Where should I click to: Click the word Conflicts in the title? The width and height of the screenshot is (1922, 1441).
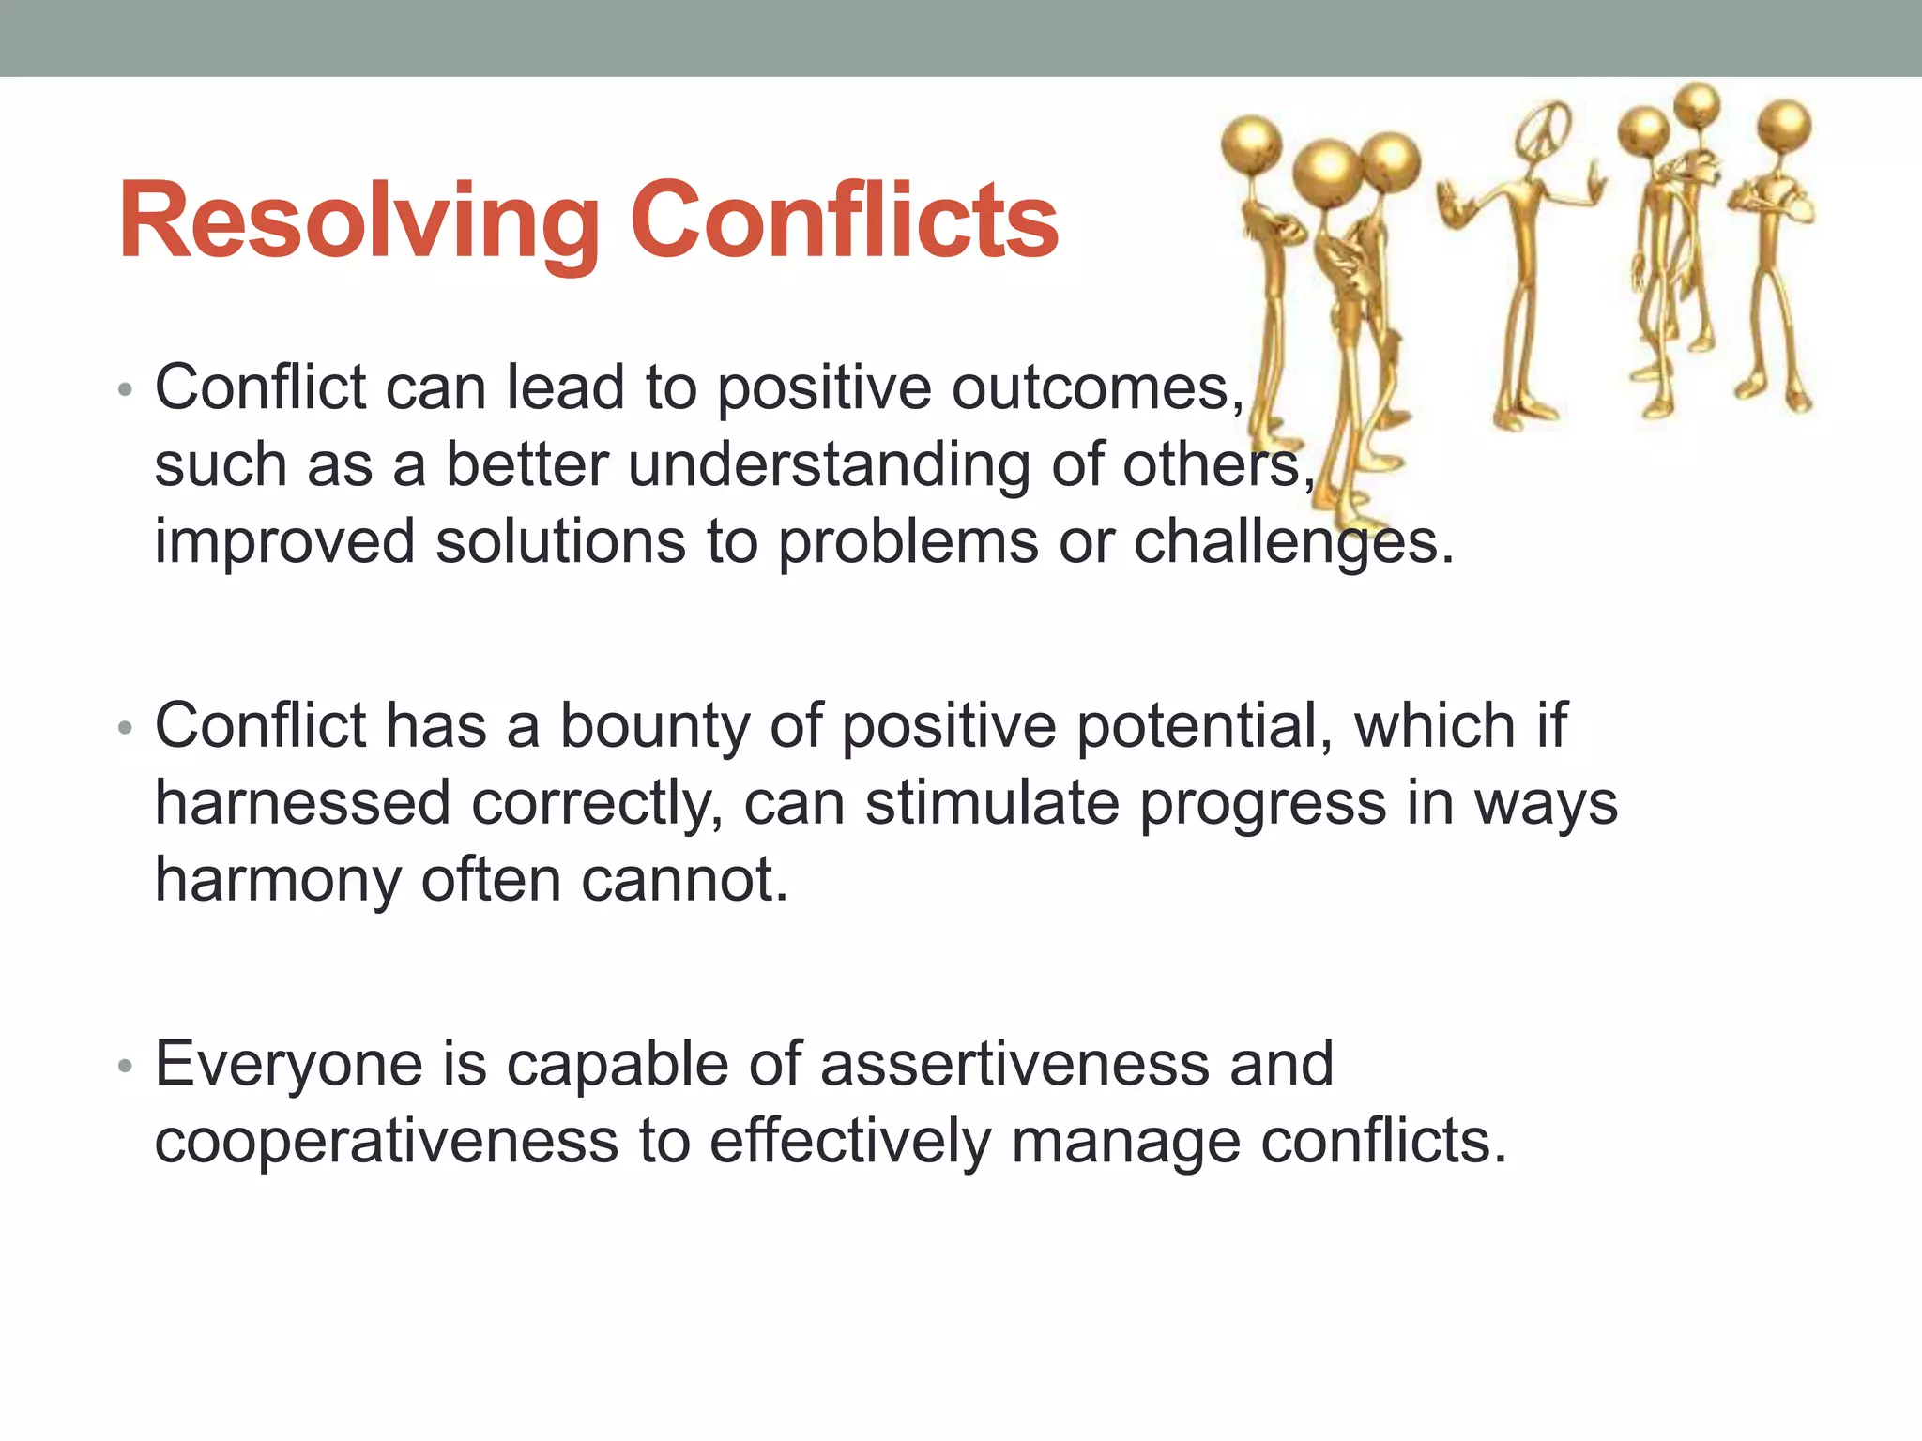pyautogui.click(x=844, y=221)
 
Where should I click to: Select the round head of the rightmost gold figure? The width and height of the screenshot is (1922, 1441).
pyautogui.click(x=1784, y=125)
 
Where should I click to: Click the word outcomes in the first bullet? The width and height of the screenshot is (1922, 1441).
pyautogui.click(x=1097, y=387)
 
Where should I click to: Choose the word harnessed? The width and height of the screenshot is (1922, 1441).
pyautogui.click(x=302, y=804)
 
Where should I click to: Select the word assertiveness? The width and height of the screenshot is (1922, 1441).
pyautogui.click(x=1014, y=1064)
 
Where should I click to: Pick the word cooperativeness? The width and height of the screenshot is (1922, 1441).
pyautogui.click(x=386, y=1142)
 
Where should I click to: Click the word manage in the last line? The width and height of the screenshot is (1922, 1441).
pyautogui.click(x=1125, y=1142)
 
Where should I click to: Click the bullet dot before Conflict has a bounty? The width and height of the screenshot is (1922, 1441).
pyautogui.click(x=126, y=729)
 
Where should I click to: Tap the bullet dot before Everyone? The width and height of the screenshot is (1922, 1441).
pyautogui.click(x=126, y=1067)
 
